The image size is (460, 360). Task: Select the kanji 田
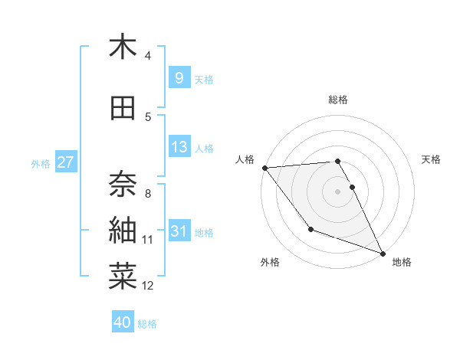click(123, 108)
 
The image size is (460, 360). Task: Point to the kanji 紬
click(123, 229)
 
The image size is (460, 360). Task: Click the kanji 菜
click(123, 277)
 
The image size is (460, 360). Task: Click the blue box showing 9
click(179, 78)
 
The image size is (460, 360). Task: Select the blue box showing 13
click(179, 147)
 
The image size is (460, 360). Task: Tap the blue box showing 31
click(179, 231)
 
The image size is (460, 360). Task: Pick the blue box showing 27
click(65, 162)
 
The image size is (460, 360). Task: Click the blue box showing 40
click(123, 322)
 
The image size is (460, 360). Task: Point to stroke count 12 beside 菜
click(148, 286)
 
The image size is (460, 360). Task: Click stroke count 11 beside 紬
click(148, 240)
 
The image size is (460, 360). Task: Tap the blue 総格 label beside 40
click(147, 324)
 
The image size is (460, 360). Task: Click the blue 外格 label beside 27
click(41, 163)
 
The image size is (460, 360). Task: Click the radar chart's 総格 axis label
click(337, 100)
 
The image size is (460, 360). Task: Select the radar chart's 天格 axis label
click(432, 159)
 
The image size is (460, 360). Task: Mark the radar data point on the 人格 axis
click(264, 168)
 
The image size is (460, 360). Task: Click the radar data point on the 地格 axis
click(382, 254)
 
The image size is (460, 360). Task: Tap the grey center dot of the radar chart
click(337, 191)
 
